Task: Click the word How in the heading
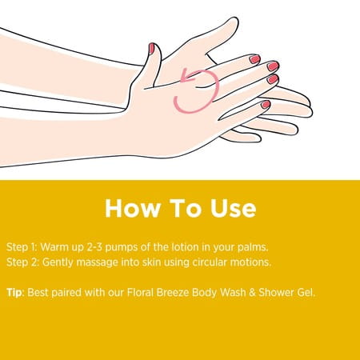pos(133,208)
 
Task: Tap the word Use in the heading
pos(233,208)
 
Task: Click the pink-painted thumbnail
pos(151,49)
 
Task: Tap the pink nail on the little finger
pos(266,104)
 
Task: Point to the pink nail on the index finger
pos(254,59)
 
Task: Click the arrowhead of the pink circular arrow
pos(186,77)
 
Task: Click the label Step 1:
pos(22,247)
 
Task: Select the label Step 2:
pos(22,262)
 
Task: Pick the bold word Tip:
pos(15,293)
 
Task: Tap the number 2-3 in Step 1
pos(94,247)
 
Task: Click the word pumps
pos(122,248)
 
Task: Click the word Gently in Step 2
pos(58,262)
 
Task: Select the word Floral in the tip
pos(140,293)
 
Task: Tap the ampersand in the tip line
pos(252,293)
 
